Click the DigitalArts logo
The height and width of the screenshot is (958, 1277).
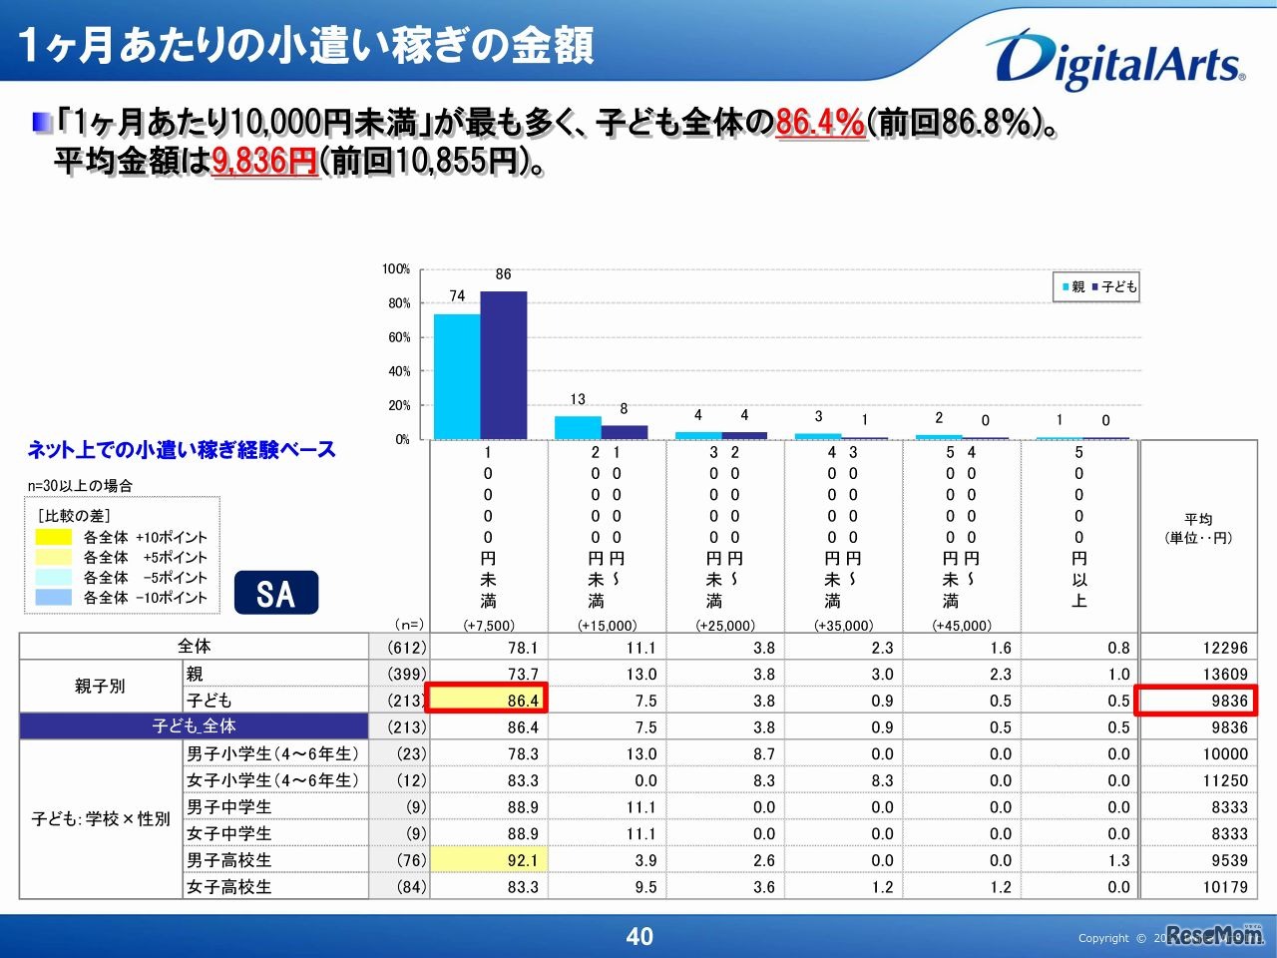click(x=1115, y=60)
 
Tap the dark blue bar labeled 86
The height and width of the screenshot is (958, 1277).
click(x=504, y=364)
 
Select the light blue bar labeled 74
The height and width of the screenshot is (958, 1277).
click(x=457, y=376)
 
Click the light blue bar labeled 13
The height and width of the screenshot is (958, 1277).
click(x=578, y=427)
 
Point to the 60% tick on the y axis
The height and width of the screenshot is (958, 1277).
click(x=399, y=337)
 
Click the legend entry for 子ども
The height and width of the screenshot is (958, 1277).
click(x=1115, y=286)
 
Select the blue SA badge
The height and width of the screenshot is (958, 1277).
click(x=276, y=593)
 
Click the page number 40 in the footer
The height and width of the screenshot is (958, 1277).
click(x=638, y=936)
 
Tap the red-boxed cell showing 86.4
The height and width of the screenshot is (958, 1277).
click(x=488, y=701)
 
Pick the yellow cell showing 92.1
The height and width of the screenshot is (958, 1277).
click(x=488, y=860)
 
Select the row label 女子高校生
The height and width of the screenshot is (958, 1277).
click(x=229, y=886)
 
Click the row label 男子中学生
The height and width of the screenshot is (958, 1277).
click(x=229, y=807)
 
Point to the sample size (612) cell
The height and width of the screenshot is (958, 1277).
click(x=406, y=648)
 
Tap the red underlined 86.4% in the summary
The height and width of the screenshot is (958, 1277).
click(x=820, y=123)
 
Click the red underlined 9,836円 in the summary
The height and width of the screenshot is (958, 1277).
click(x=264, y=161)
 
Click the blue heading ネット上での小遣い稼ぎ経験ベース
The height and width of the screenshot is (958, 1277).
click(x=182, y=450)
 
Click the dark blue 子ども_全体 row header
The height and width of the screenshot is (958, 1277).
click(x=195, y=726)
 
